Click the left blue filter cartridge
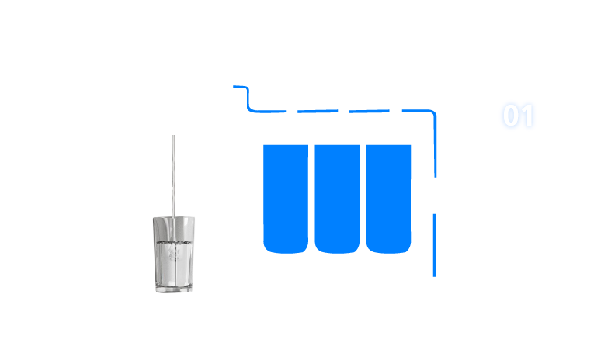[x=286, y=198]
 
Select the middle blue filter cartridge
[x=337, y=198]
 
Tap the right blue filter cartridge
[x=388, y=198]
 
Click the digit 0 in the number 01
[x=509, y=116]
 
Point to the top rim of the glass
[x=173, y=219]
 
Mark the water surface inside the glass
[x=173, y=241]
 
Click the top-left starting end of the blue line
[x=235, y=87]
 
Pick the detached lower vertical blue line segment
[x=434, y=244]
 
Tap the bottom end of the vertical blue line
[x=434, y=274]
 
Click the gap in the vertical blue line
[x=434, y=195]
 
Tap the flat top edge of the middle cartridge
[x=337, y=146]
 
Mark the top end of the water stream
[x=173, y=137]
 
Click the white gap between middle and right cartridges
[x=363, y=198]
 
